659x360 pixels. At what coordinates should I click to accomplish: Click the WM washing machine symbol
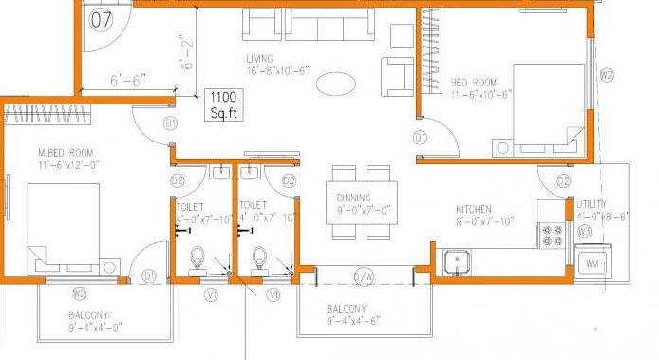593,261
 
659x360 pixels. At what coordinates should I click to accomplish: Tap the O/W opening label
365,276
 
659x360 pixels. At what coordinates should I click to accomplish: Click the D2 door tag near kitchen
563,180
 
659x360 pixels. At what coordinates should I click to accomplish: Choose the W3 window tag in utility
586,231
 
